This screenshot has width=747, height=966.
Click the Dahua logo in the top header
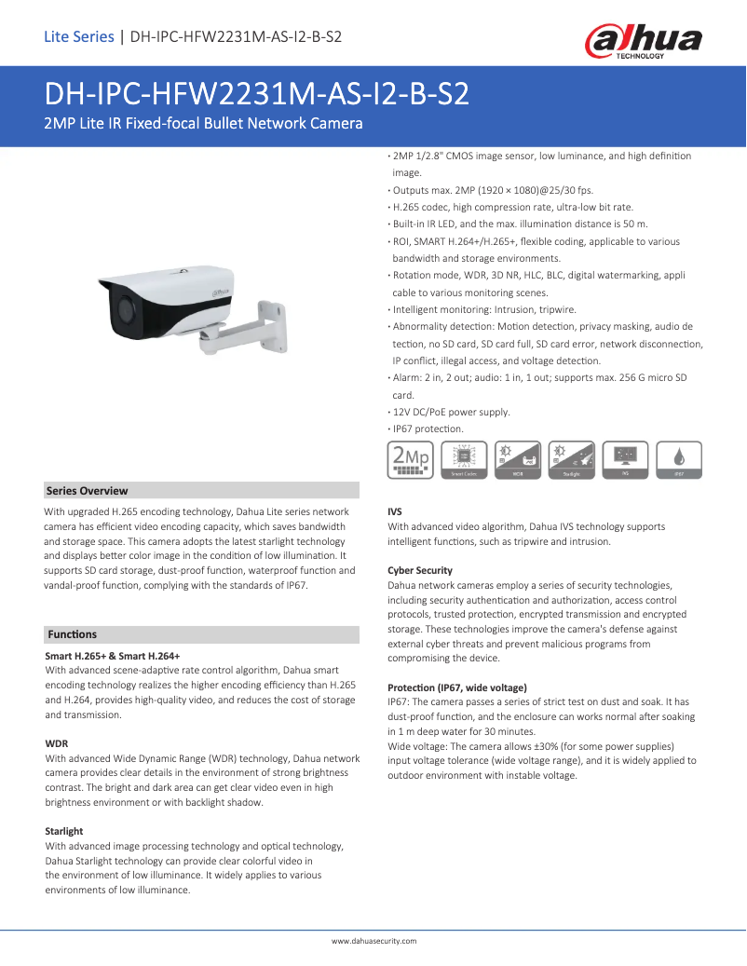coord(643,41)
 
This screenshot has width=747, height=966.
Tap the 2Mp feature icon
coord(410,459)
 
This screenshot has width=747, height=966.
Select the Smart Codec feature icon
coord(464,459)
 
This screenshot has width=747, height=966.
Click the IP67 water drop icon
coord(680,459)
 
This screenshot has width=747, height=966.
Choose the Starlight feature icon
coord(572,459)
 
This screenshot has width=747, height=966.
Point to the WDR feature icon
coord(518,459)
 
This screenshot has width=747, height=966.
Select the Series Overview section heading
coord(87,491)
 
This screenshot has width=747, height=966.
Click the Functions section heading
coord(72,634)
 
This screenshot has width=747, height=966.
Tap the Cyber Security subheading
coord(420,570)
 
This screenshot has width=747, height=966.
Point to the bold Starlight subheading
coord(64,831)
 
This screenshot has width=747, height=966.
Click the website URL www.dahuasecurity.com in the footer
coord(373,941)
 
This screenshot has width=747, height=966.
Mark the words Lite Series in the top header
coord(78,37)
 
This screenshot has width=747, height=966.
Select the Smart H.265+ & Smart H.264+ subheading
coord(113,657)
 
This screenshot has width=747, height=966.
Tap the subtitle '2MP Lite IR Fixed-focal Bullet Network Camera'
coord(203,124)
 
